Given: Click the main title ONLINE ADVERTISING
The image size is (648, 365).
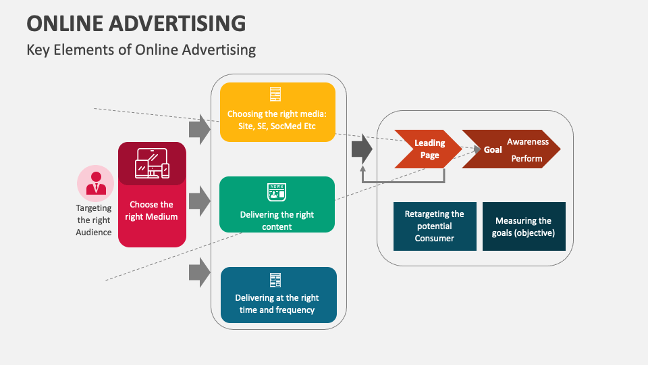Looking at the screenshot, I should tap(136, 22).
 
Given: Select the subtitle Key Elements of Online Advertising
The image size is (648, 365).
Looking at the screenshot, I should tap(141, 49).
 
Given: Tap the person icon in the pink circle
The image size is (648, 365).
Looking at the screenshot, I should tap(95, 182).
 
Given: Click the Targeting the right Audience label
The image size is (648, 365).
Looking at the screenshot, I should tap(94, 220).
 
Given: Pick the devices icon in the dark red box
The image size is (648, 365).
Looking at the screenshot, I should tap(152, 164).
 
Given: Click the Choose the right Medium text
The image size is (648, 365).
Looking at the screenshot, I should tap(152, 210).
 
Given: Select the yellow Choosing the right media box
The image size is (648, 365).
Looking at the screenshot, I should tap(277, 112).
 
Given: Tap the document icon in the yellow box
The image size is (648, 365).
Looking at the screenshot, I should tap(275, 95).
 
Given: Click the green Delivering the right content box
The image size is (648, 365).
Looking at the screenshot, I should tap(277, 205).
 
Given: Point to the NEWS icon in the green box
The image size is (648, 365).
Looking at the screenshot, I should tap(277, 192).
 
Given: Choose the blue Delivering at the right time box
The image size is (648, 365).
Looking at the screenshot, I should tap(277, 295).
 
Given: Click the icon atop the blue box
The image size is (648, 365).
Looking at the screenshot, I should tap(275, 280).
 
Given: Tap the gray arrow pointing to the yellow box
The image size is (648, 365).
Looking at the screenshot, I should tap(199, 129).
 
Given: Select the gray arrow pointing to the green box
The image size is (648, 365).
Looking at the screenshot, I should tap(199, 201).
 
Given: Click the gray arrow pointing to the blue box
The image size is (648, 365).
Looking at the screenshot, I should tap(199, 272).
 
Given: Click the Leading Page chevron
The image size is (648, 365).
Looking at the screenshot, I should tap(428, 149).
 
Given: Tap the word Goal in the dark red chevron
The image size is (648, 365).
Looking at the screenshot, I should tap(493, 149).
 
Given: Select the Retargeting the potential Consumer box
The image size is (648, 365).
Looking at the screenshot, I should tap(434, 226).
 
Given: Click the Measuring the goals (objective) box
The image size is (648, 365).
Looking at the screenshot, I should tap(524, 226).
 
